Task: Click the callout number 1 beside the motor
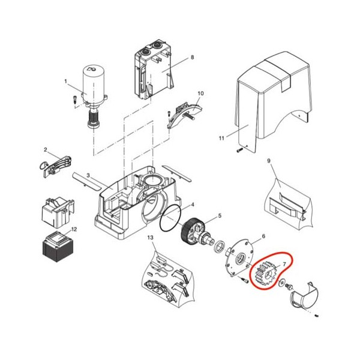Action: [x=65, y=81]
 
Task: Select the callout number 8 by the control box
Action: [x=192, y=57]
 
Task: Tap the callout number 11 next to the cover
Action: [x=221, y=138]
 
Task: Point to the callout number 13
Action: [x=150, y=238]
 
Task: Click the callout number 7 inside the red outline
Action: [x=284, y=264]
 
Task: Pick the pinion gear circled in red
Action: [x=265, y=274]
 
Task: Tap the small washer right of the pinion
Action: [x=281, y=283]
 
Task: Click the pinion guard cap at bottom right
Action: [x=305, y=295]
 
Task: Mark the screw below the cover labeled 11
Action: [x=239, y=150]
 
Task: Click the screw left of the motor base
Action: [x=75, y=100]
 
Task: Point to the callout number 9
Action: [x=269, y=161]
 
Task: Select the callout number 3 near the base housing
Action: [x=88, y=176]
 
